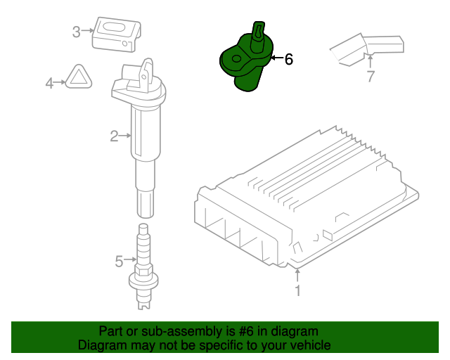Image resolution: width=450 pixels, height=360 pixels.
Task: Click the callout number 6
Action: tap(289, 59)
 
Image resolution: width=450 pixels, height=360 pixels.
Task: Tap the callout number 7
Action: tap(371, 76)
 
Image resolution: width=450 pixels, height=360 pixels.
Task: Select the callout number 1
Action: tap(298, 290)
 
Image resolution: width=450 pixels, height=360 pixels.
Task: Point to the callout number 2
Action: tap(114, 136)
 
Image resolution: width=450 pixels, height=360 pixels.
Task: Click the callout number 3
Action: tap(76, 32)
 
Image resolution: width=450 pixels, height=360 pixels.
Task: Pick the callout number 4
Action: tap(49, 83)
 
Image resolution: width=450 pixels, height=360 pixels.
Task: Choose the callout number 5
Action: tap(119, 262)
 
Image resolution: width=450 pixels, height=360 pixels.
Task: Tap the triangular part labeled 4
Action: tap(79, 77)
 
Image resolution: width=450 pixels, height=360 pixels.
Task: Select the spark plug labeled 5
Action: tap(143, 266)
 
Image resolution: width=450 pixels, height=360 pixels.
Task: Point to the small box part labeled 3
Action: tap(116, 34)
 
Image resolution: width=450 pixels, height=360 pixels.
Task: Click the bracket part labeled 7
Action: tap(367, 49)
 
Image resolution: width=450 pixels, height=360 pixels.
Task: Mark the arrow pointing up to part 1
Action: tap(297, 275)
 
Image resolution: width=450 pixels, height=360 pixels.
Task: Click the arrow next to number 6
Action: tap(276, 58)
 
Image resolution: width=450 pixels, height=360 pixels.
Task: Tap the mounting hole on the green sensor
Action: tap(236, 59)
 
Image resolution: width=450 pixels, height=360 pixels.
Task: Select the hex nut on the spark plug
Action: tap(143, 270)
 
